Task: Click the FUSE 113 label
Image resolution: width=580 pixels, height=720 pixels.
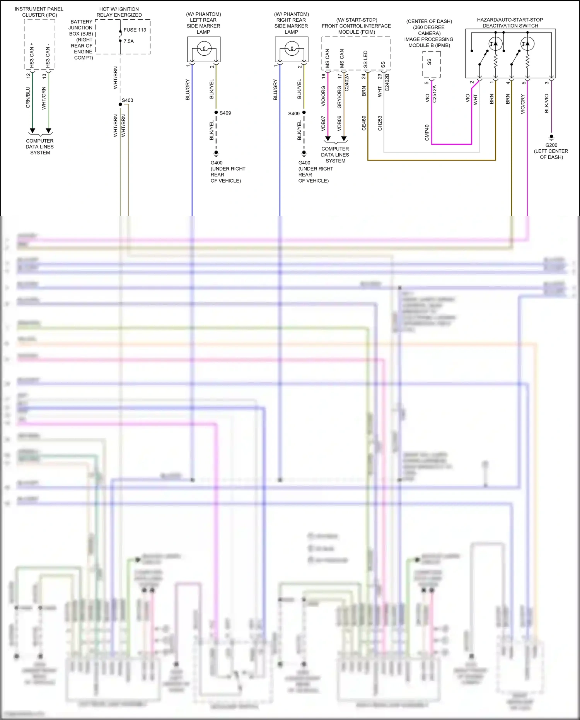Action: [x=135, y=30]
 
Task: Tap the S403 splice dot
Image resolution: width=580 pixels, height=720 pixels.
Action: [x=120, y=104]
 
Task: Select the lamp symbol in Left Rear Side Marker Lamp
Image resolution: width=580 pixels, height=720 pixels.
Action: [x=204, y=49]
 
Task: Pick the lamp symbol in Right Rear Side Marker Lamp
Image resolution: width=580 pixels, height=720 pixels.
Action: [x=292, y=49]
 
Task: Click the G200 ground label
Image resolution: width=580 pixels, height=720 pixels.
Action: [x=551, y=145]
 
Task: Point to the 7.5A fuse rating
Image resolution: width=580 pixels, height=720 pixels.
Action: [x=129, y=41]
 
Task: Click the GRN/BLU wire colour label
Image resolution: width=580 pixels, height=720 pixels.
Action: [x=28, y=97]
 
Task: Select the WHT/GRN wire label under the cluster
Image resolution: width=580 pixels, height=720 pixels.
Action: [x=44, y=98]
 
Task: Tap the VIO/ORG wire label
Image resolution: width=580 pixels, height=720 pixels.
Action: [x=323, y=96]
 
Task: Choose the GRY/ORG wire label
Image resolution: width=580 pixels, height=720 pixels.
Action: [x=339, y=97]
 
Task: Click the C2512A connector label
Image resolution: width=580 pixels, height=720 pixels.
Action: [x=434, y=94]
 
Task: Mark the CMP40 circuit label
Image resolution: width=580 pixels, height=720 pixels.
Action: [x=427, y=133]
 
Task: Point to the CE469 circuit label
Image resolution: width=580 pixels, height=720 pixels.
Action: [x=364, y=123]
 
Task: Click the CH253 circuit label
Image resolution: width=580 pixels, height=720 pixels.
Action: [x=380, y=123]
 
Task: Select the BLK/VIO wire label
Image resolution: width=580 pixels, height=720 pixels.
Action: [x=546, y=103]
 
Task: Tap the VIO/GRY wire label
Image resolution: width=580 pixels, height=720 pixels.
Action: [x=523, y=104]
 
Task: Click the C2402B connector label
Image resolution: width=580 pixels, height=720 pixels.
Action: [x=387, y=82]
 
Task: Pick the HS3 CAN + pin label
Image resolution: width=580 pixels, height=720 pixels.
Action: [x=32, y=55]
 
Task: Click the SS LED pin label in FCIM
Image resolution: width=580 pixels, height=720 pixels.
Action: [x=365, y=59]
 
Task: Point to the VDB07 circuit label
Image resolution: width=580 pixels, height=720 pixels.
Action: [x=323, y=123]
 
